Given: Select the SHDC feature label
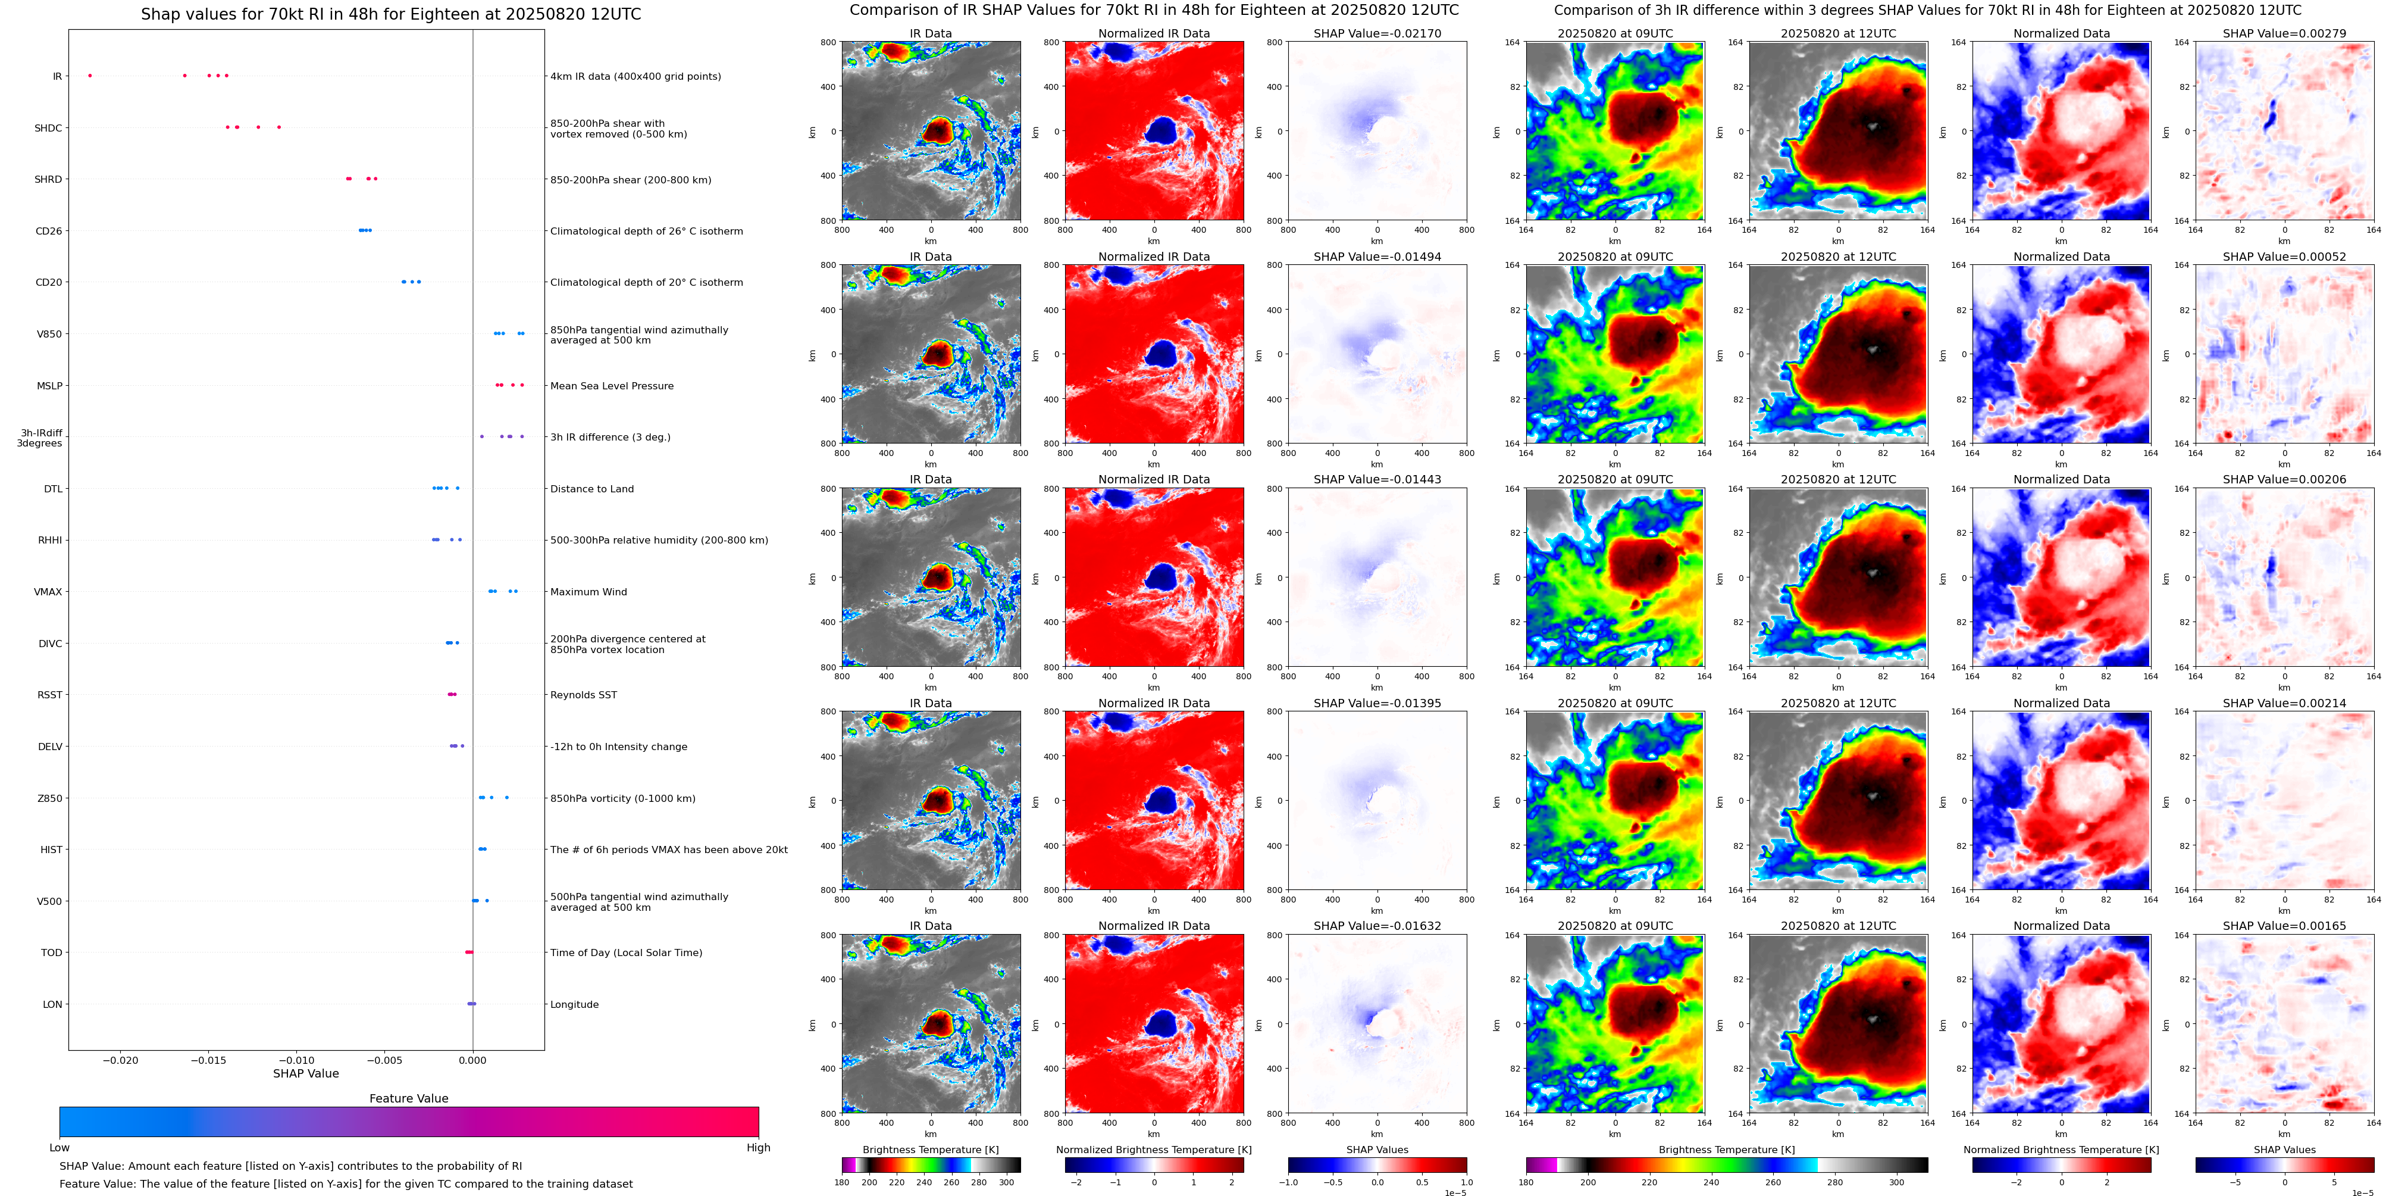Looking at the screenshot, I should [48, 128].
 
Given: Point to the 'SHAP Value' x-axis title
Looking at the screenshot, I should [305, 1073].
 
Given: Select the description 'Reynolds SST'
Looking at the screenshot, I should [583, 695].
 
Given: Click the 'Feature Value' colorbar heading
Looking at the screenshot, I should [408, 1098].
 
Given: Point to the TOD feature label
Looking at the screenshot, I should [51, 953].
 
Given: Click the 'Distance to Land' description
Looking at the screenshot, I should [591, 489].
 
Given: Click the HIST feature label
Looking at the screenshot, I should [51, 850].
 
